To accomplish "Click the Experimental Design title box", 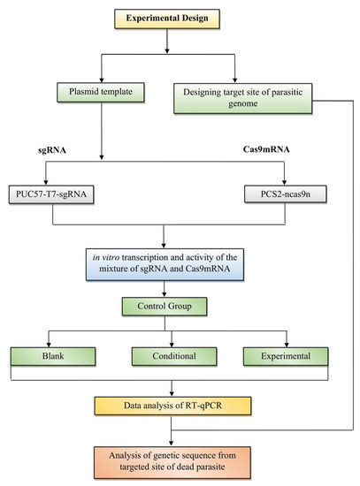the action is (x=167, y=19).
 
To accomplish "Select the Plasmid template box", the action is (x=101, y=93).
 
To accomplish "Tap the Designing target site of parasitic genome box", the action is (x=242, y=98).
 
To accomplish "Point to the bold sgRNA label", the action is (x=52, y=150).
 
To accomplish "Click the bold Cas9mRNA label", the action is (x=266, y=149).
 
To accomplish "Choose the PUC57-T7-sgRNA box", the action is (x=51, y=194).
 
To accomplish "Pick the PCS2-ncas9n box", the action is (x=285, y=194).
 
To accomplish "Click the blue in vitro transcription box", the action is (x=165, y=264).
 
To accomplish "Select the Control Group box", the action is (x=165, y=307).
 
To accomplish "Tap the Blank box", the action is (x=53, y=356).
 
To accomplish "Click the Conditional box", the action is (x=174, y=356).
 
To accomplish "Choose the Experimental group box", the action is (x=286, y=356).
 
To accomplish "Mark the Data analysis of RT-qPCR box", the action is (x=172, y=406).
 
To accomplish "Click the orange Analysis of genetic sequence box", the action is (x=172, y=462).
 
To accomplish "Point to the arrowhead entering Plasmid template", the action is (x=101, y=80).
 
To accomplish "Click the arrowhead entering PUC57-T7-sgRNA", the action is (x=46, y=183).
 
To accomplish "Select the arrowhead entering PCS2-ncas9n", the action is (x=284, y=183).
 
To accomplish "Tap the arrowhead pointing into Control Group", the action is (x=165, y=295).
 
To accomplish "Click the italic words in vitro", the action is (x=106, y=257).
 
